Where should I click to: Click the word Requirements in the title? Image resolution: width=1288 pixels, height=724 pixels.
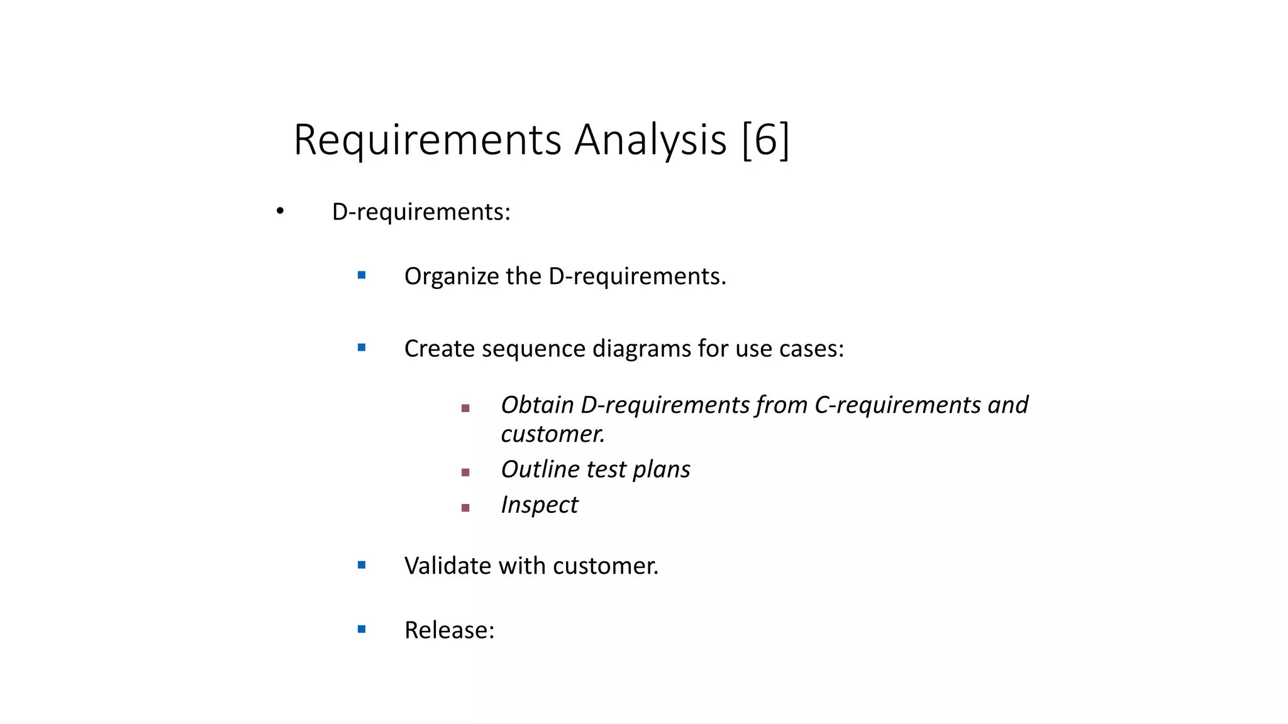[x=427, y=140]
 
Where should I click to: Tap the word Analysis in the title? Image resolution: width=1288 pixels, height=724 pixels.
[x=650, y=140]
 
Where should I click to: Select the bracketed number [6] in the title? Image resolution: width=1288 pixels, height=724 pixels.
[x=765, y=140]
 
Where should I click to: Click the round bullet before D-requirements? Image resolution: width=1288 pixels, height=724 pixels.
[x=280, y=211]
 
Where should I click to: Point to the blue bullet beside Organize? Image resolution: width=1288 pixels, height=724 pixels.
[x=362, y=275]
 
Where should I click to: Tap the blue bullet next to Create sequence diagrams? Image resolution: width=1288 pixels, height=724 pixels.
[x=362, y=348]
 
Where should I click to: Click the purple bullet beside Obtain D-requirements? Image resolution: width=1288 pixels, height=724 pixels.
[x=465, y=409]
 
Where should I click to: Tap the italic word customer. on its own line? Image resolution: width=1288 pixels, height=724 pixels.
[x=553, y=434]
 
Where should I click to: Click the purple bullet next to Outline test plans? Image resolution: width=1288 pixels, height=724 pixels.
[x=465, y=473]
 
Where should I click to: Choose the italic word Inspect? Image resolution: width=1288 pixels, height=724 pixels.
[x=539, y=505]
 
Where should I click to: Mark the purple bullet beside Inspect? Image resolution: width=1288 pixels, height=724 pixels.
[x=465, y=508]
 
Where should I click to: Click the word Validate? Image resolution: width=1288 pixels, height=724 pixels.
[x=447, y=566]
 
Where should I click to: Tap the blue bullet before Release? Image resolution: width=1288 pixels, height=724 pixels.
[x=362, y=629]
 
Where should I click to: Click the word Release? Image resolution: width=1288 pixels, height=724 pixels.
[x=449, y=630]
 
